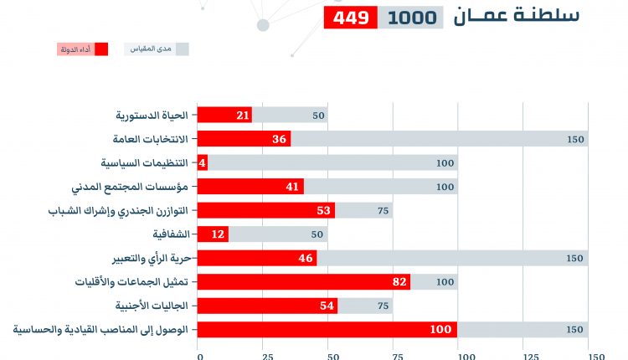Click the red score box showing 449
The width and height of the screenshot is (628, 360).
click(350, 18)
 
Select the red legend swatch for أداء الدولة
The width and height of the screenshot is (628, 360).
click(101, 49)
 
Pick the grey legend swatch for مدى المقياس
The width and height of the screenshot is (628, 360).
click(181, 49)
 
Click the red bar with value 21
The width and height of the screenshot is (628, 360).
click(224, 116)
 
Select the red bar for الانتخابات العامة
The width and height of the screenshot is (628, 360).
click(244, 139)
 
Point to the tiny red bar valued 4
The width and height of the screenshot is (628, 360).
click(202, 163)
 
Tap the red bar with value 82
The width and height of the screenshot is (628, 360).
click(303, 282)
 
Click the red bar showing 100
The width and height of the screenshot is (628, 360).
click(327, 330)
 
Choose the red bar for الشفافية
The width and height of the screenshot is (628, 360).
click(213, 234)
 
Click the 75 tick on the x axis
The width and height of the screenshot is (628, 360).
click(394, 355)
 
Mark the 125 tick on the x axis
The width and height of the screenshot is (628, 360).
click(523, 355)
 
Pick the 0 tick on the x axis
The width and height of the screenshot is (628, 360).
click(199, 355)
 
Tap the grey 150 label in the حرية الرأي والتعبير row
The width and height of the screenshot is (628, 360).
click(574, 259)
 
